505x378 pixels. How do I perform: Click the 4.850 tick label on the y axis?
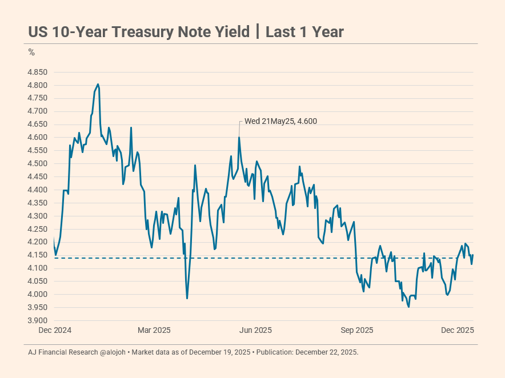(38, 73)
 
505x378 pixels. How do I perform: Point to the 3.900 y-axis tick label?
(38, 321)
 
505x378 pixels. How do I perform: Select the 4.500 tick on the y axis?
(38, 164)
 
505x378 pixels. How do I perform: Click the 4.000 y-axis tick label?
(38, 295)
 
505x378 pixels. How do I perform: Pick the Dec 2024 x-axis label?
(54, 331)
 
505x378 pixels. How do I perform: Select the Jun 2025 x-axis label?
(255, 331)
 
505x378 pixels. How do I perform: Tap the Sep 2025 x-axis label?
(357, 331)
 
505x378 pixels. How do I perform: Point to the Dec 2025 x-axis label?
(458, 331)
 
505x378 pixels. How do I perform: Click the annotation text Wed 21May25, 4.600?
(280, 121)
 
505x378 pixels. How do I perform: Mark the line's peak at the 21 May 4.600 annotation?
(239, 138)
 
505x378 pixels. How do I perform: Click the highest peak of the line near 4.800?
(98, 85)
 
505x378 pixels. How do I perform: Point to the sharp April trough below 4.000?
(187, 298)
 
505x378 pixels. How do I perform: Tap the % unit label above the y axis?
(31, 53)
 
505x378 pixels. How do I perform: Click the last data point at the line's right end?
(473, 255)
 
